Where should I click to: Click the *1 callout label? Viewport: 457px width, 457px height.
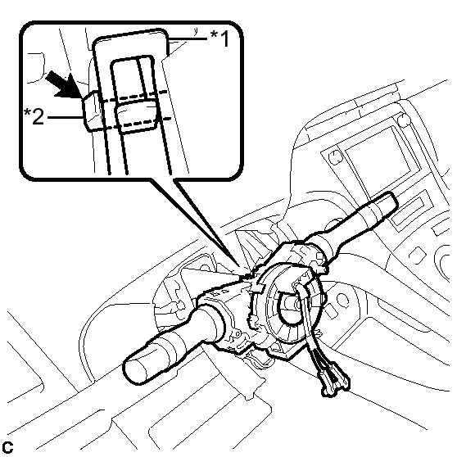[219, 38]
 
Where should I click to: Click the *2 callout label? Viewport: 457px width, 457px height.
[34, 116]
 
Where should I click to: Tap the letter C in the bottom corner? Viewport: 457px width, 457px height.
[7, 448]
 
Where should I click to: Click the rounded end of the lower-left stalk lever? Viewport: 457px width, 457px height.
[135, 369]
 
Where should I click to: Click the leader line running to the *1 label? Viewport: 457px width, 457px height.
[188, 38]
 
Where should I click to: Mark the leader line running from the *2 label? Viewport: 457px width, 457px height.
[66, 117]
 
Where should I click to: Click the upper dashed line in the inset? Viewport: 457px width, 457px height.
[133, 96]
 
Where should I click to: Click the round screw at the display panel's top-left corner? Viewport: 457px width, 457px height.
[335, 156]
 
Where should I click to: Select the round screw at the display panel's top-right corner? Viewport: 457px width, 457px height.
[404, 120]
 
